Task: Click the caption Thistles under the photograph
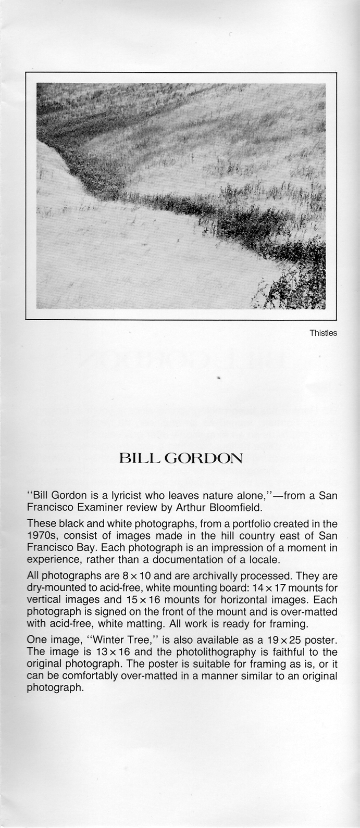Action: pyautogui.click(x=323, y=333)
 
